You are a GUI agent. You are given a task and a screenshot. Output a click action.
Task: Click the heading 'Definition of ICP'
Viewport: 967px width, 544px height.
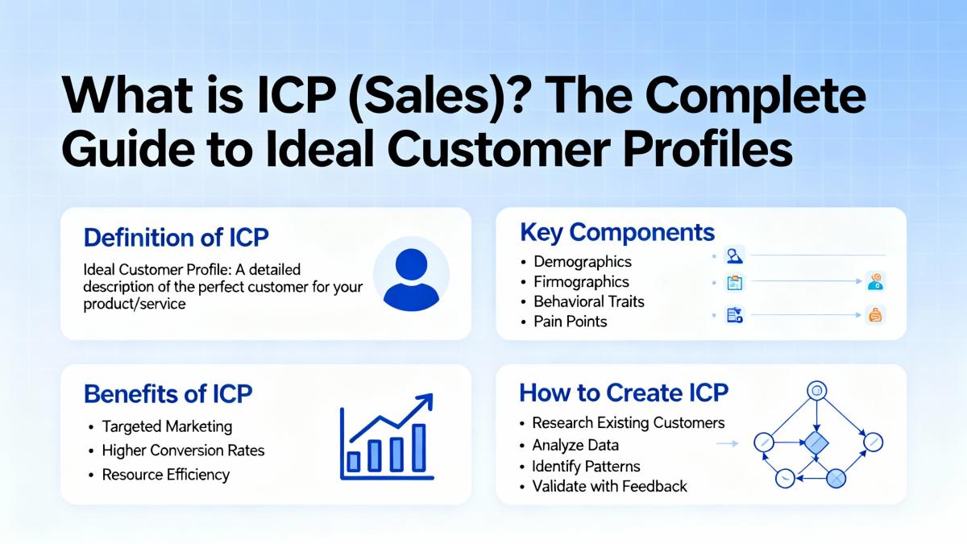(176, 238)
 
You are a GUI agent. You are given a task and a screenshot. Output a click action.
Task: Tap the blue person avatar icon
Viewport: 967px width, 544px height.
(411, 279)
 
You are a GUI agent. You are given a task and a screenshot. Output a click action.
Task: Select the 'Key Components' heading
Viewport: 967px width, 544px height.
(617, 233)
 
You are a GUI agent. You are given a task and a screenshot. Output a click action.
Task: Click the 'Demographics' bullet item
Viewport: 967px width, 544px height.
(583, 262)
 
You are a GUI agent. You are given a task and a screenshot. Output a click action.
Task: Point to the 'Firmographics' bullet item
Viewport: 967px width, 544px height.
(581, 281)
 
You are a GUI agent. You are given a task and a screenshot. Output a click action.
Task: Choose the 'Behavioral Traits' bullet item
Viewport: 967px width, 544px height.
(589, 301)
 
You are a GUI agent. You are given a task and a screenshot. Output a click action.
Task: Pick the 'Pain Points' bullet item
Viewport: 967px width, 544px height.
(571, 322)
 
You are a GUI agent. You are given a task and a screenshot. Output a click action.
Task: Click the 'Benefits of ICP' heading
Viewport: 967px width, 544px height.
(168, 394)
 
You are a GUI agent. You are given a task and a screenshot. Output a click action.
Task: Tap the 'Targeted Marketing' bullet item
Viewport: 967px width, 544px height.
(167, 426)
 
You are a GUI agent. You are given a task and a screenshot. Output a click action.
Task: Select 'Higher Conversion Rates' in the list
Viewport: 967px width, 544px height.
(183, 451)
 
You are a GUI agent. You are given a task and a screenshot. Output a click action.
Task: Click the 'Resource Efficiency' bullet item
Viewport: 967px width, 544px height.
(166, 475)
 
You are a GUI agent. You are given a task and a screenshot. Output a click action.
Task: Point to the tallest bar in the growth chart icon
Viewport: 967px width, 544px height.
(418, 448)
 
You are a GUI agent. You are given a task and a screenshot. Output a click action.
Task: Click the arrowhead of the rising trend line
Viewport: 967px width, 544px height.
(425, 401)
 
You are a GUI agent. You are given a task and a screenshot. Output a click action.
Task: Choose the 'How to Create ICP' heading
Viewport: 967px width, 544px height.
(624, 393)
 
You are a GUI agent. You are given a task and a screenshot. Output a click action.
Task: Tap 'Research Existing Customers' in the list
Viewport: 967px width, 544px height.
(628, 422)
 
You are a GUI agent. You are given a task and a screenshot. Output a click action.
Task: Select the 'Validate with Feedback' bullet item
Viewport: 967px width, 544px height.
(609, 486)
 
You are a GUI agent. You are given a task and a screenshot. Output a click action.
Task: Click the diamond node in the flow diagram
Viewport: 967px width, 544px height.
(816, 442)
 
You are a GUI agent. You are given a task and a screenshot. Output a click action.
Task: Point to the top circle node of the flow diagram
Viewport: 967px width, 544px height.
(817, 391)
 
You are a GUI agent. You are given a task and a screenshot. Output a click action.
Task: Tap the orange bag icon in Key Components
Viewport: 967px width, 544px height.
(875, 315)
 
